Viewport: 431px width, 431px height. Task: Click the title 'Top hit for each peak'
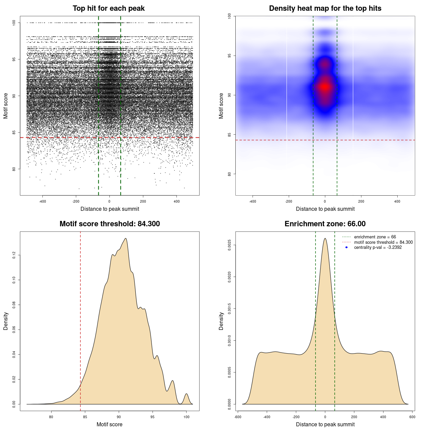point(109,8)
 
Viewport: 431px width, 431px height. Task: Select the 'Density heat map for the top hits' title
point(325,8)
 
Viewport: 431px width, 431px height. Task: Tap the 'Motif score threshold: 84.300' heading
point(109,224)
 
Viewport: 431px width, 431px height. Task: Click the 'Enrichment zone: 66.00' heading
point(325,224)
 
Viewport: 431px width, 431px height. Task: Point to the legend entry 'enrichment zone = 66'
point(375,237)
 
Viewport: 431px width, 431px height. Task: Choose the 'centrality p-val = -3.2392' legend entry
point(378,247)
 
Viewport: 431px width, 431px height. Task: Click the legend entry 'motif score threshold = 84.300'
point(383,242)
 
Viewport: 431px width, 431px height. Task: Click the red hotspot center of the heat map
point(325,87)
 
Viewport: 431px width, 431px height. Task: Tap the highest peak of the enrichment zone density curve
point(325,238)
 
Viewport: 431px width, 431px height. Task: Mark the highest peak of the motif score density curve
point(126,238)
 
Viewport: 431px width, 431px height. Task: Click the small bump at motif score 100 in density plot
point(186,394)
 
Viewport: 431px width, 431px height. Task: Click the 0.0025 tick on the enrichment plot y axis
point(230,245)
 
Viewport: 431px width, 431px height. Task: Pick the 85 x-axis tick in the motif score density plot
point(85,417)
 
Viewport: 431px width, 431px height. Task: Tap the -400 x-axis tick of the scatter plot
point(42,201)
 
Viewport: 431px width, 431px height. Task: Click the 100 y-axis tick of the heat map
point(230,16)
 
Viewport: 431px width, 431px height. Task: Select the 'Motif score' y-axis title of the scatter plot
point(6,106)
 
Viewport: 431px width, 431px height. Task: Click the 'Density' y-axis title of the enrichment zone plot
point(221,321)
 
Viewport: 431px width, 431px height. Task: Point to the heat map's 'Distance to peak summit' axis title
point(325,209)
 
